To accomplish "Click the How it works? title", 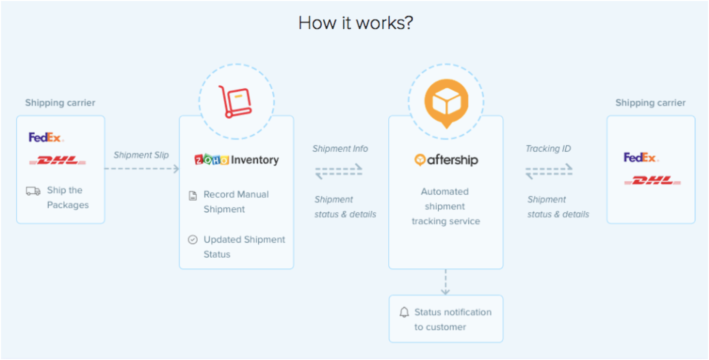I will click(356, 23).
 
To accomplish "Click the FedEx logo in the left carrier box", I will click(46, 137).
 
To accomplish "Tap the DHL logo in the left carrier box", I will click(57, 161).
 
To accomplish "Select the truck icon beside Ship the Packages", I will click(33, 191).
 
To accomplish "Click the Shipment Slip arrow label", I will click(141, 155).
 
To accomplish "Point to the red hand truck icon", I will click(234, 102).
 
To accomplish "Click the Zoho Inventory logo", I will click(237, 160).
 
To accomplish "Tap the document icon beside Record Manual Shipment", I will click(193, 196).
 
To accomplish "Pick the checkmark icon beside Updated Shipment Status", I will click(193, 240).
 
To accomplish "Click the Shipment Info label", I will click(340, 149).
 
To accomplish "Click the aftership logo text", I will click(446, 160).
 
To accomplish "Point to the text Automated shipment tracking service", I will click(446, 206).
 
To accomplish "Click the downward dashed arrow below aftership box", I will click(445, 282).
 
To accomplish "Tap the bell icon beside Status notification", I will click(404, 313).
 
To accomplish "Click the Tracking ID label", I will click(548, 149).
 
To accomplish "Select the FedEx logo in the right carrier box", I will click(641, 158).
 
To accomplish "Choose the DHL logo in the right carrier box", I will click(653, 181).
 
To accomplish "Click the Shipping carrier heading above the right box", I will click(651, 103).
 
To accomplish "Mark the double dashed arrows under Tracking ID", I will click(549, 171).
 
